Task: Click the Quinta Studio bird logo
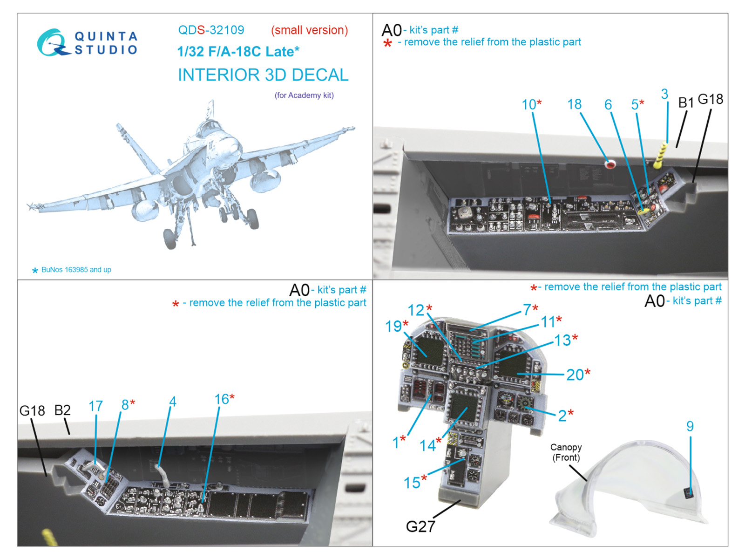52,43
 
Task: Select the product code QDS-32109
211,30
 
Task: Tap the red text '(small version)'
309,30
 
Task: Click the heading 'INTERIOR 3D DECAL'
263,75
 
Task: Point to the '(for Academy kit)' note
304,95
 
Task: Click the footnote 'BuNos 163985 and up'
76,270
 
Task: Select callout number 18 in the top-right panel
574,104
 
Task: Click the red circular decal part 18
610,164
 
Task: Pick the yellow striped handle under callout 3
660,156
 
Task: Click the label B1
686,102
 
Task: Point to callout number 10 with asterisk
531,105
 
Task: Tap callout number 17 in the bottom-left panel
95,406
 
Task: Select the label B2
62,410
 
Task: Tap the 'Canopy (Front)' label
566,452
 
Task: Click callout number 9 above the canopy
690,426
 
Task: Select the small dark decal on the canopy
688,492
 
